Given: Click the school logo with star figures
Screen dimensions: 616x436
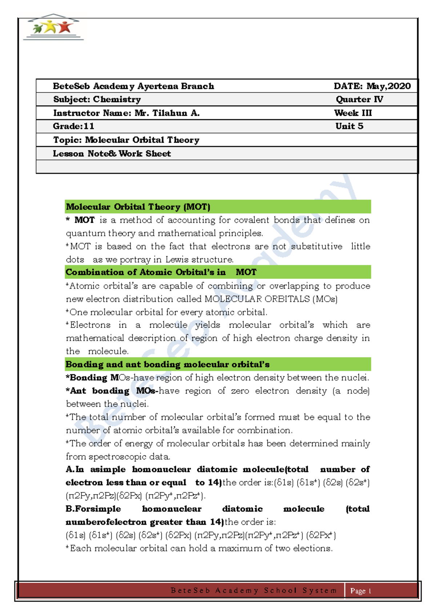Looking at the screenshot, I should [x=53, y=28].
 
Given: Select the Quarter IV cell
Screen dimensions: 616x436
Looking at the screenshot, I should [x=359, y=100].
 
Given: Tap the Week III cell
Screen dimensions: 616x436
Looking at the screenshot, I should [x=353, y=113].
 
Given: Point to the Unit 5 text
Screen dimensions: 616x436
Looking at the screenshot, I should [x=349, y=126].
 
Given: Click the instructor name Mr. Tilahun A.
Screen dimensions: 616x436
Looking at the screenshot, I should [x=167, y=113].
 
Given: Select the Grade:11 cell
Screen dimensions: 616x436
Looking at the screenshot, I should [x=74, y=126].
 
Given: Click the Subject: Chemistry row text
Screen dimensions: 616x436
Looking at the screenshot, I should [x=97, y=100].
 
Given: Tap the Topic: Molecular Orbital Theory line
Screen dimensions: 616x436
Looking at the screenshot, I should [x=126, y=140].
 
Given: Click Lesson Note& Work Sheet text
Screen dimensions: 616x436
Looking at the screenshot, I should [x=112, y=154].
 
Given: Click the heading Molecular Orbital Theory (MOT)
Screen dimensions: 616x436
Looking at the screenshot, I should [x=138, y=207].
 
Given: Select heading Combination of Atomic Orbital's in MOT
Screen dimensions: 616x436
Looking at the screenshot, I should [x=161, y=272].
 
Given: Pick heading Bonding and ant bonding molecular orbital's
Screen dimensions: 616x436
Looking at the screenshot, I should [x=167, y=364].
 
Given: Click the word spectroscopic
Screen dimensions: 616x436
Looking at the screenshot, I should [x=120, y=457].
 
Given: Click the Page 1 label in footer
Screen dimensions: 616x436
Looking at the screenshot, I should [x=360, y=591].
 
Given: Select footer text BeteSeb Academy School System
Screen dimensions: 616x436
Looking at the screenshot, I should [x=253, y=591].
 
